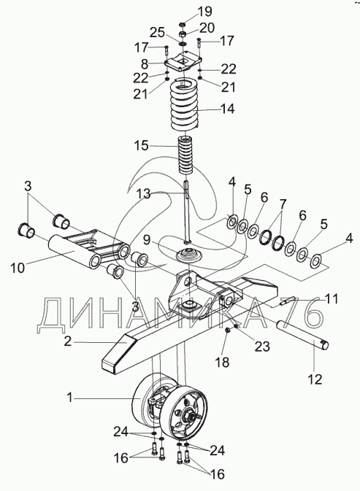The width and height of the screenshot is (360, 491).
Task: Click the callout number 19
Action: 205,12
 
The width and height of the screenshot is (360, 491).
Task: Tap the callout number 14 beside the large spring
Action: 227,109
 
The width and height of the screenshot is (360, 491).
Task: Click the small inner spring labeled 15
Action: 185,155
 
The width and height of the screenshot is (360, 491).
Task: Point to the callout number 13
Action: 143,194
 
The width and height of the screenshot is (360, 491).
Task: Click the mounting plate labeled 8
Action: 183,62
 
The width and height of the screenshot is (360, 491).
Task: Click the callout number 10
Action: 18,268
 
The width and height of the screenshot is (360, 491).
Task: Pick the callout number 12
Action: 315,379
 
